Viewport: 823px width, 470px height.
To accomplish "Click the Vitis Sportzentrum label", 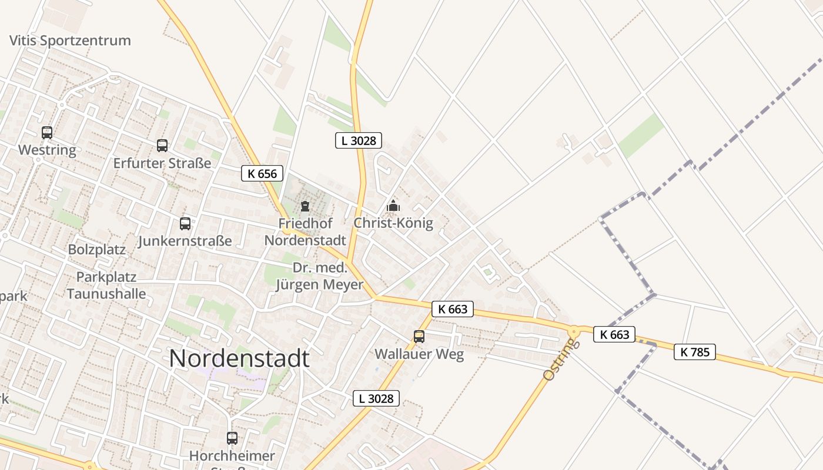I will pos(70,41).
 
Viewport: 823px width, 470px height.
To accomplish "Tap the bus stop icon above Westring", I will pos(47,133).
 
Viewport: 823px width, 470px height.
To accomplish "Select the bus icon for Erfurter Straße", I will pos(162,145).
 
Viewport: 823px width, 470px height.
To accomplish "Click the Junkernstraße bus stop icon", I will pos(185,223).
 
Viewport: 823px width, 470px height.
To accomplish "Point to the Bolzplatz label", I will pos(97,249).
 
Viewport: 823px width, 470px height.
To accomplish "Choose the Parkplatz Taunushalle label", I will pos(106,285).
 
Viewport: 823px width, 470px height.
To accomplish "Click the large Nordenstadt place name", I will pos(239,358).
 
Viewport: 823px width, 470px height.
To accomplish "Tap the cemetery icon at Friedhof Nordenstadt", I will pos(305,206).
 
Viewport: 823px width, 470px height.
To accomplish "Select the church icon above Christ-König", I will pos(393,206).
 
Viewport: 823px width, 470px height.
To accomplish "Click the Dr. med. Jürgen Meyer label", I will pos(320,277).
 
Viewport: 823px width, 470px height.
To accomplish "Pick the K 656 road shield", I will pos(262,173).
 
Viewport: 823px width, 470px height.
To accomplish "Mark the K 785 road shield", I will pos(694,352).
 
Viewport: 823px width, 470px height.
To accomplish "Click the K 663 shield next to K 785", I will pos(614,334).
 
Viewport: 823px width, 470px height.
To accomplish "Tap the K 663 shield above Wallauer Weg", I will pos(452,308).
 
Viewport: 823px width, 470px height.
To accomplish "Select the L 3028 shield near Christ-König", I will pos(359,140).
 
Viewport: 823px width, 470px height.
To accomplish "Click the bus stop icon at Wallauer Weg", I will pos(419,336).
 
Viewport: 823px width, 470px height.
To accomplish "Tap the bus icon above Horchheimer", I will pos(232,438).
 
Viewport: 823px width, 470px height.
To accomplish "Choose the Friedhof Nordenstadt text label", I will pos(305,231).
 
